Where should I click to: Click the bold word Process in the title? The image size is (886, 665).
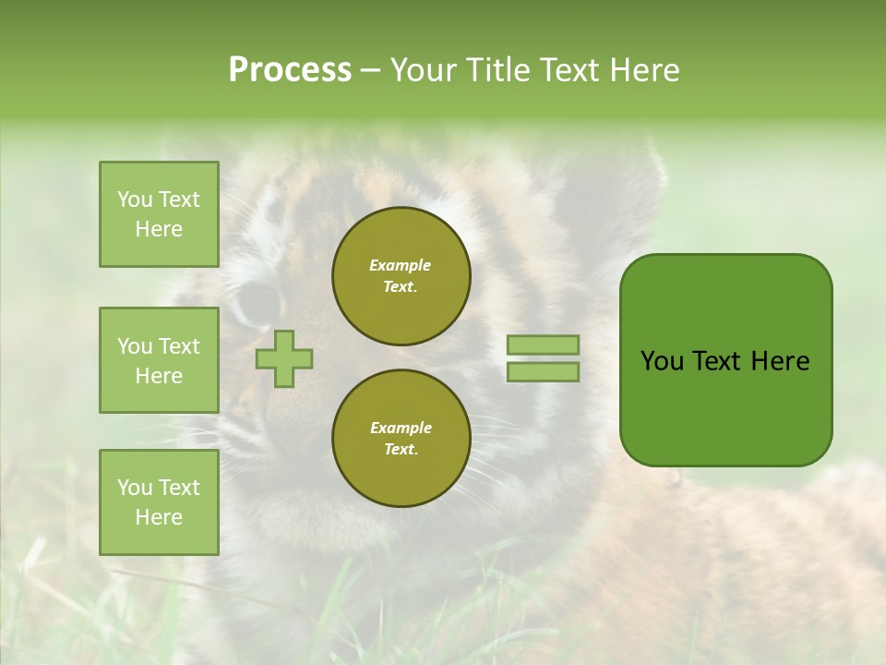point(290,70)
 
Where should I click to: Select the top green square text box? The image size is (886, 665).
point(159,214)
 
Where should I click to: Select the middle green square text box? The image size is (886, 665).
point(159,360)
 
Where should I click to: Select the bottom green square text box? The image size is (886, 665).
point(159,502)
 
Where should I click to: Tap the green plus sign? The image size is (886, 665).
point(284,358)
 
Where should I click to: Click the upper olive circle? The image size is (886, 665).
point(401,276)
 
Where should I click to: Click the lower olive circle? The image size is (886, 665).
point(401,439)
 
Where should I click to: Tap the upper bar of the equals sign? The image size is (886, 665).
point(543,345)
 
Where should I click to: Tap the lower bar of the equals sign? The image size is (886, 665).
point(543,372)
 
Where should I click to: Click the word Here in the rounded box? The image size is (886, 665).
point(780,361)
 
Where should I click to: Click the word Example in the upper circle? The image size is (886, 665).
point(400,265)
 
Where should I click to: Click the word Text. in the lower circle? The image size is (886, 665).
point(401,450)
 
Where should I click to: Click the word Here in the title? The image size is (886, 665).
point(642,70)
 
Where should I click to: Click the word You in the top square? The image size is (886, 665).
point(135,199)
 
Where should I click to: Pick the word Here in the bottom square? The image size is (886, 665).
point(159,517)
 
